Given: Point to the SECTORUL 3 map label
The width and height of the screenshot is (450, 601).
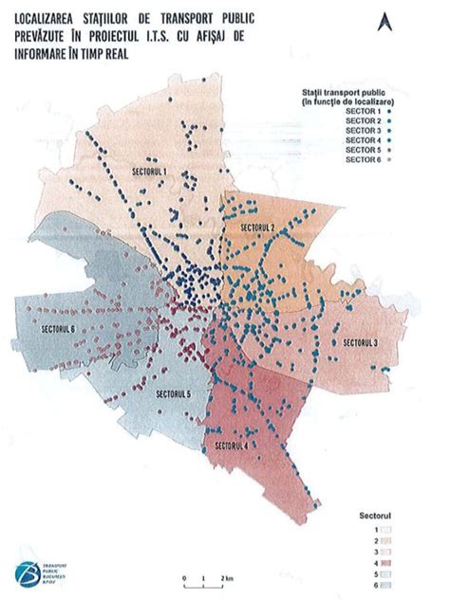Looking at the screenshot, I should click(x=360, y=341).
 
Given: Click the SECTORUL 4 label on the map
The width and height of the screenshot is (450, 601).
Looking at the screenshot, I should click(x=234, y=445).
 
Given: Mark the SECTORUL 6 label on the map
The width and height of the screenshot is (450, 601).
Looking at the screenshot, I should click(x=59, y=329).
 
